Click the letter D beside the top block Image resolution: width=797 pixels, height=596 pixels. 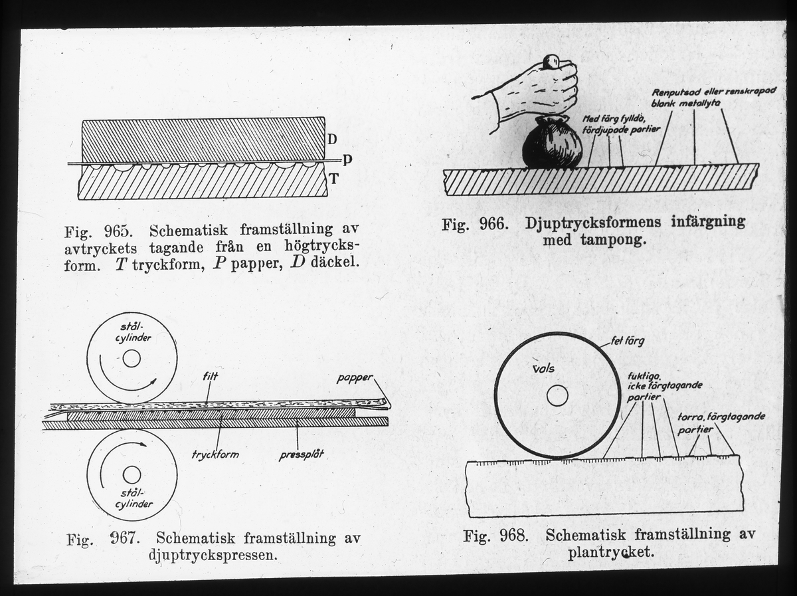pos(333,140)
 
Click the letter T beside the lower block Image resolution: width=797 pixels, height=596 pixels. pos(334,177)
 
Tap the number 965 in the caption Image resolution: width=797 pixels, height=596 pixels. pos(120,233)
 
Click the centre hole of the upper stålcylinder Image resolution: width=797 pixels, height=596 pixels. pos(132,359)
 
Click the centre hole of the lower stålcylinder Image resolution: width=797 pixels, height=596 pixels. pos(132,474)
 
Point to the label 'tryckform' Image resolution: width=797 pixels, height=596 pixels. pos(215,455)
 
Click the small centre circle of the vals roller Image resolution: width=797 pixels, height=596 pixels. pos(557,396)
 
